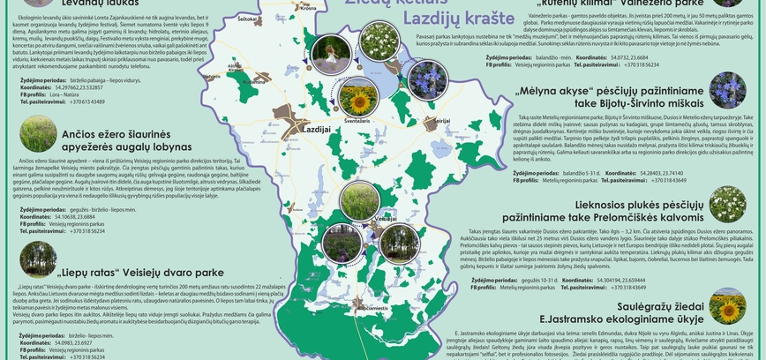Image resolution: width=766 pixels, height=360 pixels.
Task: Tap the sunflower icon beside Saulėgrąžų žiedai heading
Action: click(727, 308)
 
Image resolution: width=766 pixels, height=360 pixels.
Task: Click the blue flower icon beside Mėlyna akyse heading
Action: click(727, 91)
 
